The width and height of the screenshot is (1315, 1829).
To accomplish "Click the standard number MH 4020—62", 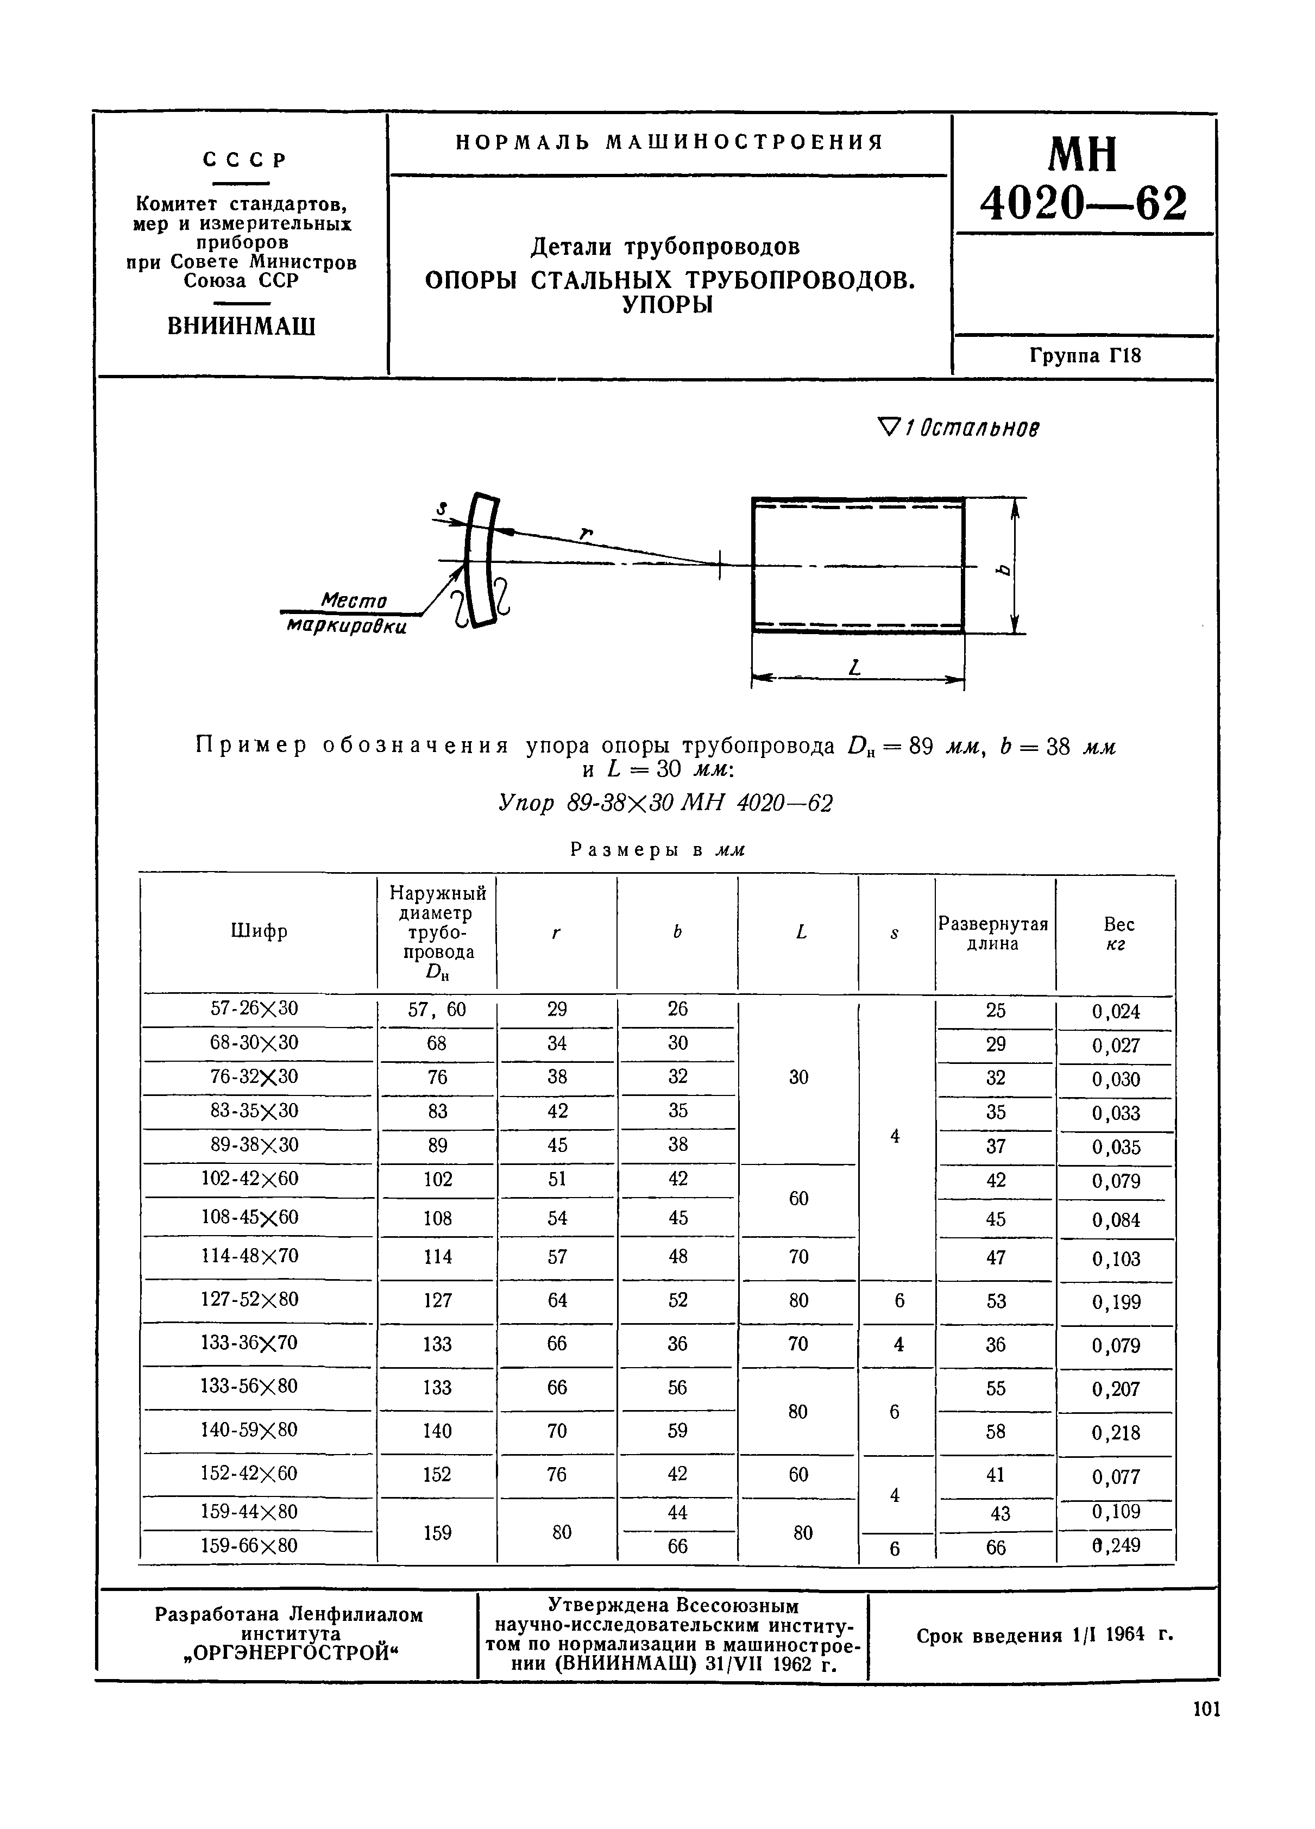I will tap(1083, 179).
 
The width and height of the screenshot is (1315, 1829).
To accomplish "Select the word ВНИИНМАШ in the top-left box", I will tap(241, 327).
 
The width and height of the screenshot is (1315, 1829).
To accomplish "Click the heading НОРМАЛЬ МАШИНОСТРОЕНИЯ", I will tap(669, 143).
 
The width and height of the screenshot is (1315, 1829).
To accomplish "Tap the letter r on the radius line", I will tap(586, 533).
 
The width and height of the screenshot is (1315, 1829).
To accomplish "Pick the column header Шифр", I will tap(258, 931).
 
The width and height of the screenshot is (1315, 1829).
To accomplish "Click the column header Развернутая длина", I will tap(993, 934).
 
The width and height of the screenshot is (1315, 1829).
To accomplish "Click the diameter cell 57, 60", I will tap(437, 1010).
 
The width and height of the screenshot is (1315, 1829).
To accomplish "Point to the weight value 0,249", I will tap(1116, 1545).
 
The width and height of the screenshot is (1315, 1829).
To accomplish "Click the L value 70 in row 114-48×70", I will tap(798, 1256).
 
